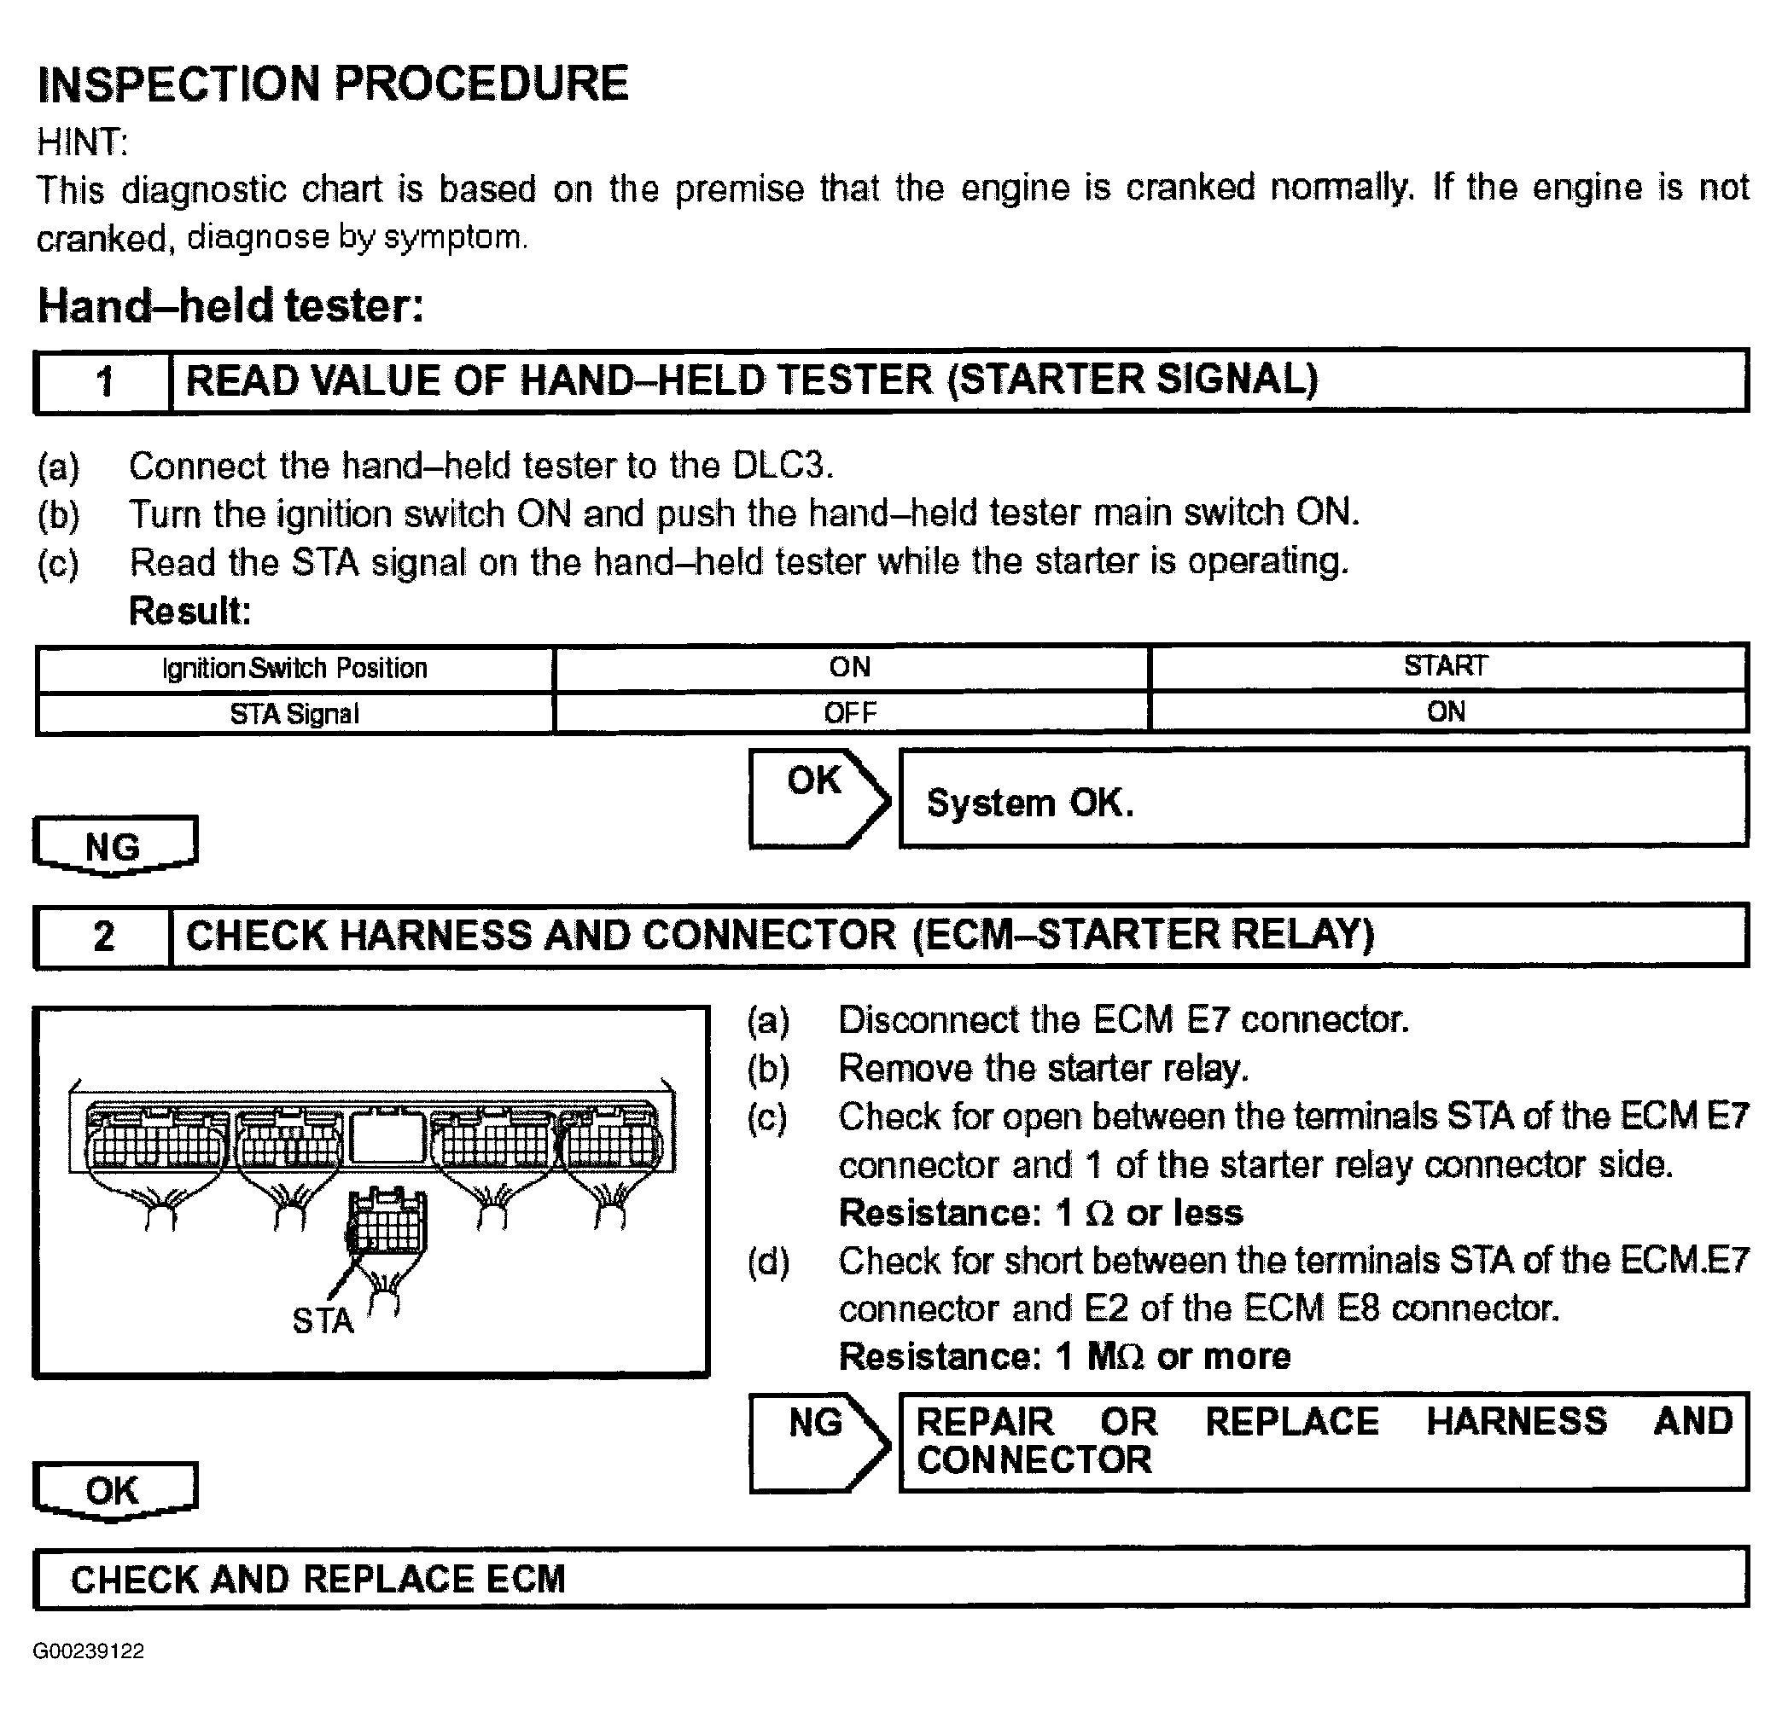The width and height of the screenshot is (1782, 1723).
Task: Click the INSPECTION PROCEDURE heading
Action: [333, 84]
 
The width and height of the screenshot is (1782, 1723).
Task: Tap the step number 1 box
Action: [103, 381]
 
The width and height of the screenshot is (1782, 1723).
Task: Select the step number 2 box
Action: [103, 936]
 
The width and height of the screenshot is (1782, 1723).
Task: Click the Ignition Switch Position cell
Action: [294, 669]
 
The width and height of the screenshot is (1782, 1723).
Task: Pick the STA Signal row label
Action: [294, 714]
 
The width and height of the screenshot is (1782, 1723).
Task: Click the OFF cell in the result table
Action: [851, 713]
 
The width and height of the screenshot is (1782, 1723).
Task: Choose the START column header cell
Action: [1446, 666]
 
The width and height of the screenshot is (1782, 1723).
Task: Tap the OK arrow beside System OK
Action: [817, 797]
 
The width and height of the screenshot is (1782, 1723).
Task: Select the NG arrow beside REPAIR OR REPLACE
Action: [817, 1443]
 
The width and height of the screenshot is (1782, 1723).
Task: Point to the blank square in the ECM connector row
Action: [387, 1139]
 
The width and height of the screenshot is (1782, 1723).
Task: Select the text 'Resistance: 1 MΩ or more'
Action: [1063, 1357]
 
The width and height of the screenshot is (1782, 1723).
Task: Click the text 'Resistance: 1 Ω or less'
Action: [1040, 1213]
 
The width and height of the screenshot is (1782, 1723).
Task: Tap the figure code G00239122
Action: [88, 1651]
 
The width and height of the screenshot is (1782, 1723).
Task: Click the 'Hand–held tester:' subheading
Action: [231, 306]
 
